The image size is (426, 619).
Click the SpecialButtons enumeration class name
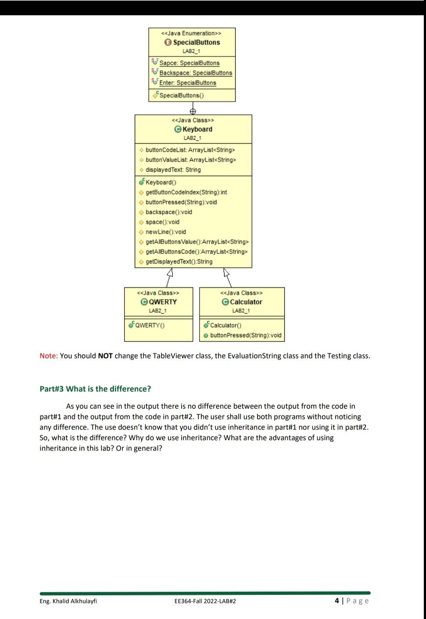click(x=196, y=42)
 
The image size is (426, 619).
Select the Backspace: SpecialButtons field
click(x=195, y=73)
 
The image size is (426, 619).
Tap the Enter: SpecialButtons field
click(x=187, y=83)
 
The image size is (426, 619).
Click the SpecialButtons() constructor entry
click(x=181, y=95)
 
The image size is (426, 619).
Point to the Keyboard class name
click(x=197, y=129)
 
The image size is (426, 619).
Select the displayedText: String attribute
click(x=173, y=170)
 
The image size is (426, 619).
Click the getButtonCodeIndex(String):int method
click(x=186, y=192)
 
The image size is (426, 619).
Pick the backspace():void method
click(x=168, y=212)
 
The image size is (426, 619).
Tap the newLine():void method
click(x=165, y=232)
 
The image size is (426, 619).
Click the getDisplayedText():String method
click(x=179, y=262)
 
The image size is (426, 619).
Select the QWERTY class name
click(x=162, y=302)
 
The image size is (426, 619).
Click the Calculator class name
click(x=246, y=302)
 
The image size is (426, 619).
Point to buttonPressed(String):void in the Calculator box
click(x=245, y=335)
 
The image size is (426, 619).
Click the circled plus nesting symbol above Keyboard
click(x=192, y=111)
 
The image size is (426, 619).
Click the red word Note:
click(x=49, y=356)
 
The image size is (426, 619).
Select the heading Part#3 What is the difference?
click(x=95, y=389)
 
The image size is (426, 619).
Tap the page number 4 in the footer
click(x=337, y=601)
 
